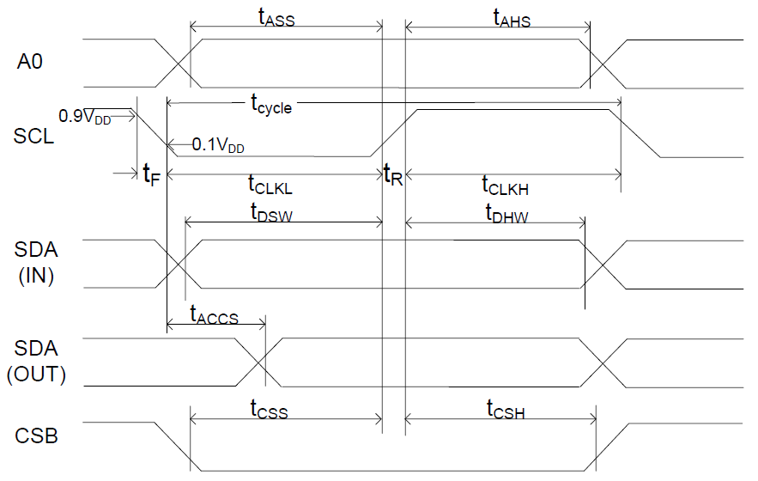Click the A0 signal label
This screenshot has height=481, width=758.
(x=30, y=62)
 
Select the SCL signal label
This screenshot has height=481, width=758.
(x=33, y=136)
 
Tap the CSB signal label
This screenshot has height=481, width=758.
(x=36, y=435)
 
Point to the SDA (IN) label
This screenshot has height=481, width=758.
(x=36, y=263)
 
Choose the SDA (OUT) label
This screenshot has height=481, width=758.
(x=36, y=362)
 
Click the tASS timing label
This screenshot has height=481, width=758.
(x=276, y=17)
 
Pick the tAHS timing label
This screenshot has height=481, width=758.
(x=512, y=18)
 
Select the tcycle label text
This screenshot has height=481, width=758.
(x=271, y=104)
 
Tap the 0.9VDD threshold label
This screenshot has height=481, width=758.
(x=85, y=117)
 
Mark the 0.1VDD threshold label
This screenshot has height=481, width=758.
(x=218, y=144)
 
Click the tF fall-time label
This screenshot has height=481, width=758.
(x=151, y=174)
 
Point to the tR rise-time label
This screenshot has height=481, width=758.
(x=393, y=174)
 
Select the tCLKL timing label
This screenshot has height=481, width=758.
(x=270, y=185)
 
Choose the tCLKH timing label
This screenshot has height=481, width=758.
(x=505, y=186)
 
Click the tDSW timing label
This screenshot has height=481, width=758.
(x=271, y=213)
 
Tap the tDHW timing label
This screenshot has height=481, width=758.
(x=507, y=214)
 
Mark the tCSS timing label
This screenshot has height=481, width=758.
(x=270, y=409)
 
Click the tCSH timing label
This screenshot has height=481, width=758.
(x=506, y=410)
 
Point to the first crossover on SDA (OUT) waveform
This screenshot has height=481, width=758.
(x=259, y=362)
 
